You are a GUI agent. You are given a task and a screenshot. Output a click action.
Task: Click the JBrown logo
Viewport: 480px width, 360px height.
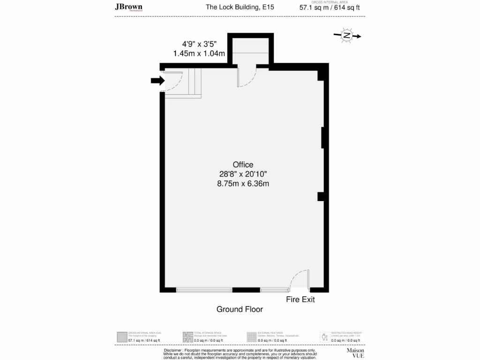(129, 7)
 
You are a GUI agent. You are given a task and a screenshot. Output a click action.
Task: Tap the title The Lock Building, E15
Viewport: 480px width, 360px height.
(240, 7)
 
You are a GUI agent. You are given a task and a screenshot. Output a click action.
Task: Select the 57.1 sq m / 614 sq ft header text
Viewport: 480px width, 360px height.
(330, 7)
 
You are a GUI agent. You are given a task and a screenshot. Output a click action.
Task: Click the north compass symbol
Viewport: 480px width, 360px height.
(346, 36)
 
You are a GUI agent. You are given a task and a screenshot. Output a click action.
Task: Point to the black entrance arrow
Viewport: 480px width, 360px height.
(157, 81)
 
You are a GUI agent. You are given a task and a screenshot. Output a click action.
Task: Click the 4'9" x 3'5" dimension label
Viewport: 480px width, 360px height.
(197, 44)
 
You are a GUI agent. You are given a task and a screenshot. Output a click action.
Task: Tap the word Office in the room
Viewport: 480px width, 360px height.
(243, 165)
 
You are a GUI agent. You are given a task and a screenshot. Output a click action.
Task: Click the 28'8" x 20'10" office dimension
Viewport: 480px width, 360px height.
(243, 174)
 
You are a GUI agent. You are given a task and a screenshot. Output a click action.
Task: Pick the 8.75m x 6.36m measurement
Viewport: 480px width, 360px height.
(243, 183)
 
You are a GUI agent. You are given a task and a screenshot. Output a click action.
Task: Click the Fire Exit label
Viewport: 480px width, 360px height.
(300, 299)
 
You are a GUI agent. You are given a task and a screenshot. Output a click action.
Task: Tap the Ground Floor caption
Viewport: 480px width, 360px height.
(240, 309)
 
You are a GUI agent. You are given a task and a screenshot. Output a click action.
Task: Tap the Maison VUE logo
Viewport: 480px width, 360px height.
(355, 352)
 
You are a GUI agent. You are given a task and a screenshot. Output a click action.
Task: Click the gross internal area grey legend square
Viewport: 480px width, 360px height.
(121, 337)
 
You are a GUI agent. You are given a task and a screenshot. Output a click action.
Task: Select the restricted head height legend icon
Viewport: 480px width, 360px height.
(323, 337)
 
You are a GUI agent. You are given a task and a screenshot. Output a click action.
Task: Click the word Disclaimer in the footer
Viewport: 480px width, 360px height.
(173, 350)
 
